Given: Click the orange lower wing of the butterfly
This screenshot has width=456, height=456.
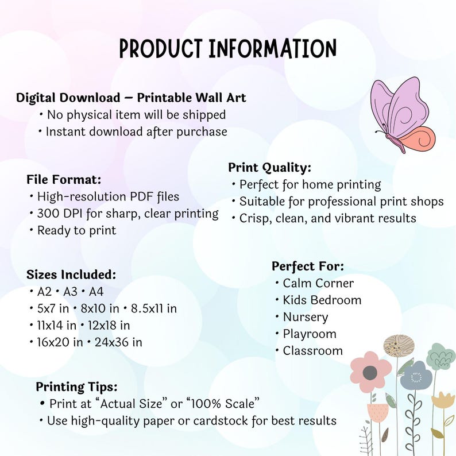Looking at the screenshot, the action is click(419, 139).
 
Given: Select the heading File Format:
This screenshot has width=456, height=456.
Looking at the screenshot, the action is click(64, 179).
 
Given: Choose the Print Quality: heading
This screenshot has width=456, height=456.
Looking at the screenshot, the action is click(269, 168).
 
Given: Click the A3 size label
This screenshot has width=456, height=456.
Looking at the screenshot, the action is click(71, 291).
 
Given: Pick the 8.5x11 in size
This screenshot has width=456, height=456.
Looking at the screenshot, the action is click(153, 308).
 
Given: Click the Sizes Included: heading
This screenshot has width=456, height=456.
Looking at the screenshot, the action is click(71, 275).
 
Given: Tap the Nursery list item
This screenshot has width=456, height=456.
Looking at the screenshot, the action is click(306, 317).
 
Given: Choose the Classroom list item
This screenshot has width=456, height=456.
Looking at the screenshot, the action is click(312, 351).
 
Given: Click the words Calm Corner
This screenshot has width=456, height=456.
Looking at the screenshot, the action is click(318, 283).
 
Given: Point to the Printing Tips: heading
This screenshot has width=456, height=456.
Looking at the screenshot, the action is click(76, 387).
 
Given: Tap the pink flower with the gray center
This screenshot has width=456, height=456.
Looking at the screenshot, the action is click(371, 372).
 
